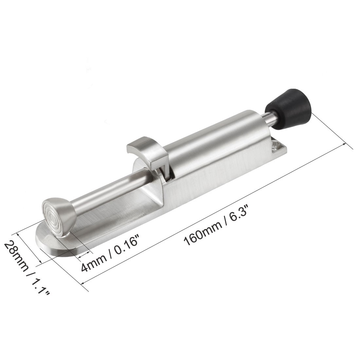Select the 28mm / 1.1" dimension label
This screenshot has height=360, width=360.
click(27, 267)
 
